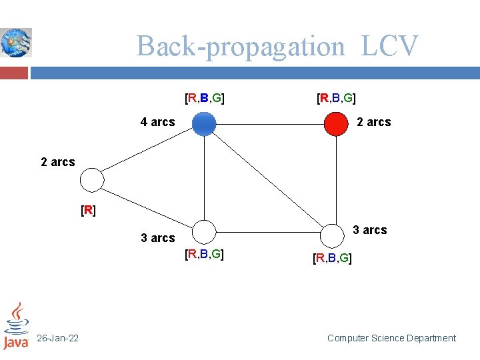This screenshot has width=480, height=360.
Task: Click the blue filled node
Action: coord(204,124)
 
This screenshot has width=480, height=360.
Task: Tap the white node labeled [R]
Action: coord(92,180)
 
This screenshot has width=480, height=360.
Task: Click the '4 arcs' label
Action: coord(157,122)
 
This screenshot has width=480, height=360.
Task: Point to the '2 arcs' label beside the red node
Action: coord(374,122)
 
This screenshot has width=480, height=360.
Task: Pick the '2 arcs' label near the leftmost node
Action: coord(58,162)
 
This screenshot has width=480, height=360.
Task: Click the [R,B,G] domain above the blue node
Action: coord(204,99)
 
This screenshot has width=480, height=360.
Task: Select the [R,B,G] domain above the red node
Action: coord(336,99)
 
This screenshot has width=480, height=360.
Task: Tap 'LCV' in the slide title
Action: coord(390,47)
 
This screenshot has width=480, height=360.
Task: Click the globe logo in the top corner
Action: coord(16,43)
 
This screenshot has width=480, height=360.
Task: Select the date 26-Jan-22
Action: coord(57,339)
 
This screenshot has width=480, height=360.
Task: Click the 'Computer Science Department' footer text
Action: coord(391,338)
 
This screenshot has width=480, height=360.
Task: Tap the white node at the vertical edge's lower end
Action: coord(331,234)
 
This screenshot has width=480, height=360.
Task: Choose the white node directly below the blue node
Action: coord(204,231)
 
